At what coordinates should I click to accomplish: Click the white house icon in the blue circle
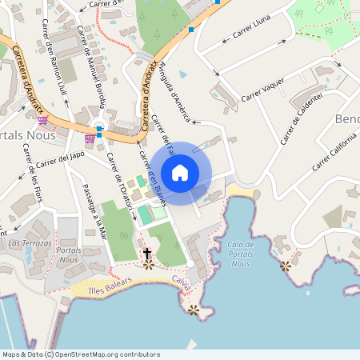pyautogui.click(x=180, y=173)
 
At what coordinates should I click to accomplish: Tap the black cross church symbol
pyautogui.click(x=147, y=254)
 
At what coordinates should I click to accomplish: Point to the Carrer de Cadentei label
pyautogui.click(x=302, y=119)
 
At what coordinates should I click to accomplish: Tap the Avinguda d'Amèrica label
pyautogui.click(x=175, y=91)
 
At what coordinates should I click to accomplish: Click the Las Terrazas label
pyautogui.click(x=30, y=242)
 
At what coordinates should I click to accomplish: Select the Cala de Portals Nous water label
pyautogui.click(x=240, y=254)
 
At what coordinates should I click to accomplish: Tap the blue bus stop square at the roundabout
pyautogui.click(x=99, y=134)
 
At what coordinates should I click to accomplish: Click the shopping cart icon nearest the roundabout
pyautogui.click(x=90, y=138)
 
